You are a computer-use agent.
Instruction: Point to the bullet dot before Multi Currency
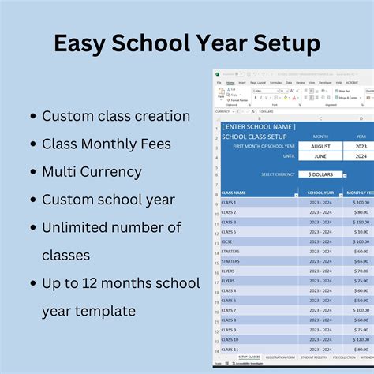pos(32,172)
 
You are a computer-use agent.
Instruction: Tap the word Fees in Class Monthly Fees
pos(173,144)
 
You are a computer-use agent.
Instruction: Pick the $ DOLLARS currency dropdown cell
pos(320,174)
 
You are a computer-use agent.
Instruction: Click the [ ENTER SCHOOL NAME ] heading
pos(259,126)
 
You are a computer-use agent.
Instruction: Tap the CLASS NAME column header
pos(234,193)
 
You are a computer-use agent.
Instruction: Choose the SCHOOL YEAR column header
pos(320,193)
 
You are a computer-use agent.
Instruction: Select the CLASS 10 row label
pos(230,339)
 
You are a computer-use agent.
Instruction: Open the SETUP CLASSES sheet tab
pos(249,357)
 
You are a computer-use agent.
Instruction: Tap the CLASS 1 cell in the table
pos(229,203)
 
